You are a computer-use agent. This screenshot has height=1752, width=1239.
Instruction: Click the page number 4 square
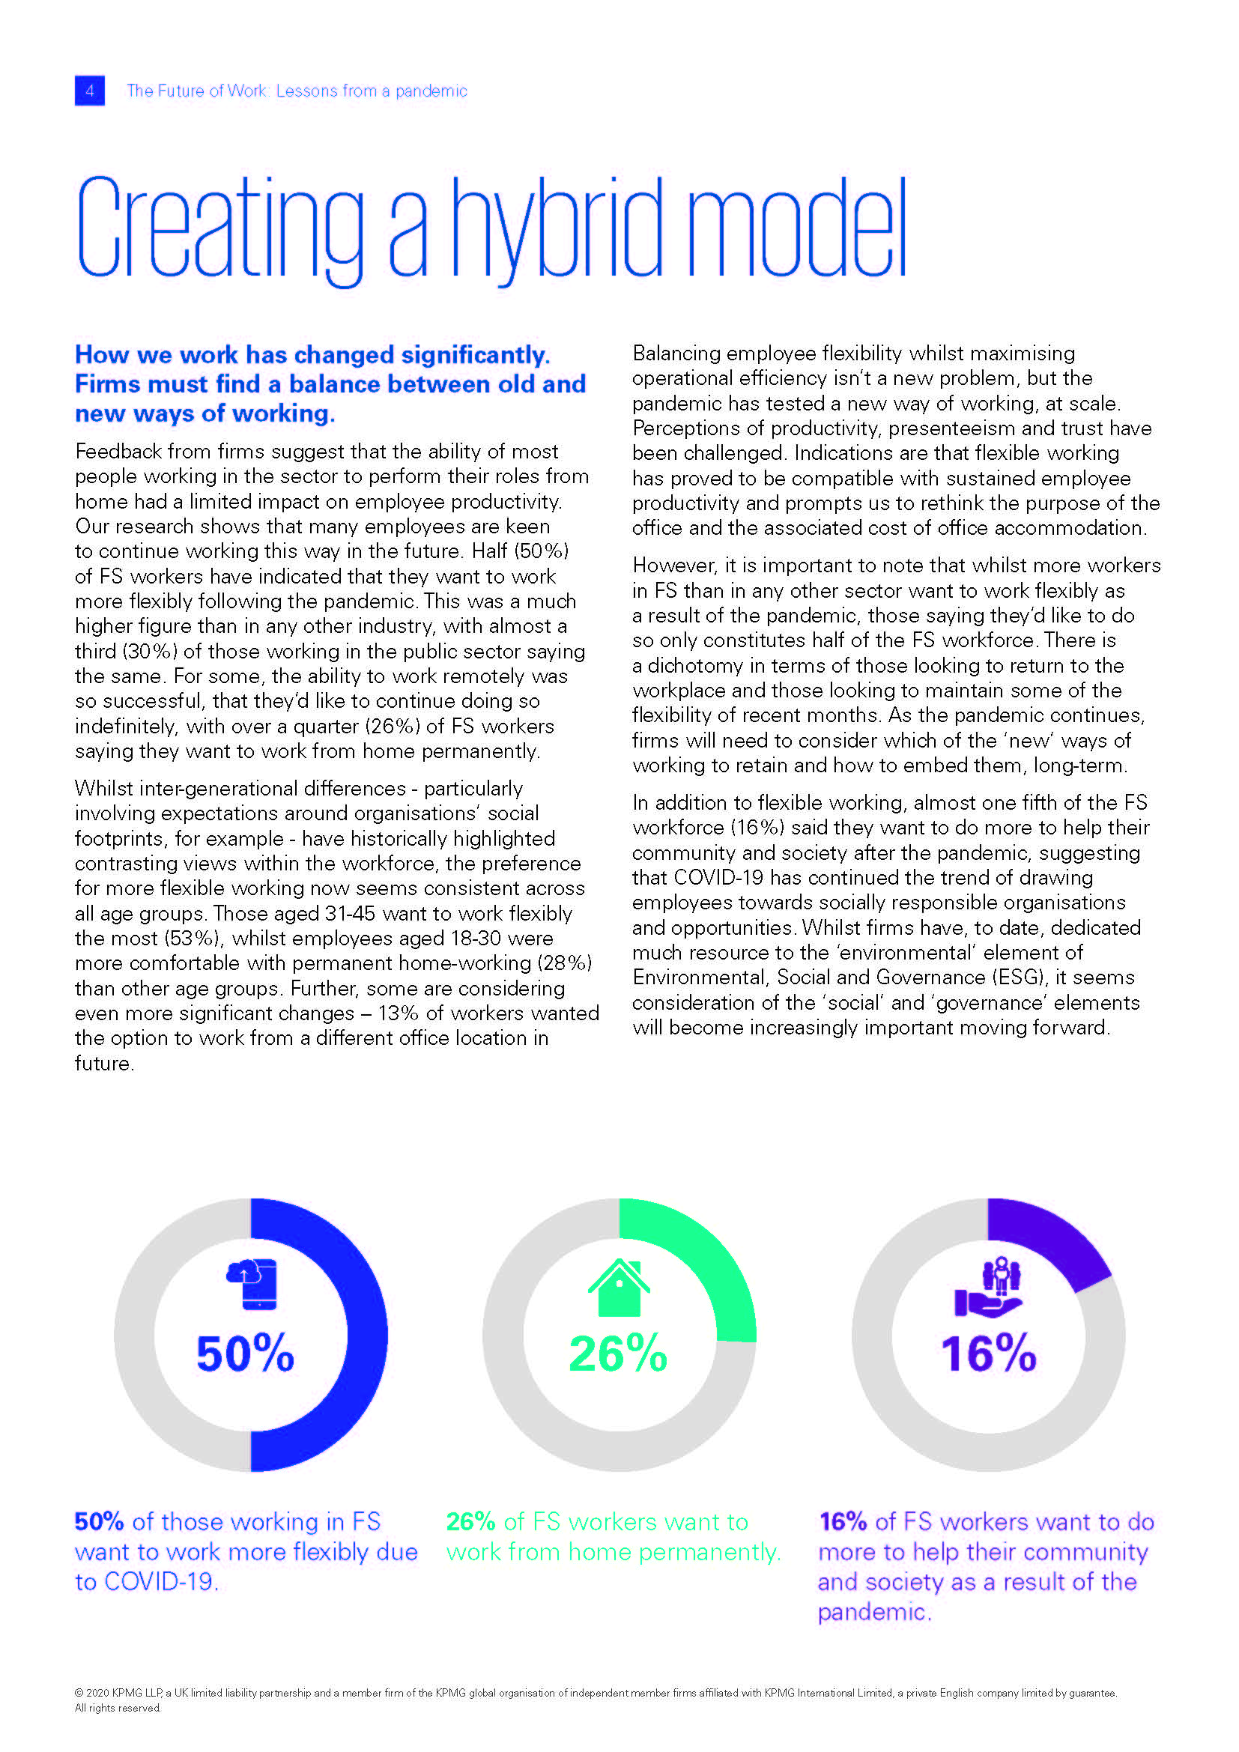tap(89, 91)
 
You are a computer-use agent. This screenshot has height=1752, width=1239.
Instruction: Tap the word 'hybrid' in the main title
tap(557, 229)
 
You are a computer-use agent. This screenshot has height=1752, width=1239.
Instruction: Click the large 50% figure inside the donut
tap(245, 1353)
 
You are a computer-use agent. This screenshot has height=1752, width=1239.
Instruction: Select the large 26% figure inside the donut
tap(618, 1353)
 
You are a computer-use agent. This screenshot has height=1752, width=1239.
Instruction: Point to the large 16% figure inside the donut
tap(988, 1353)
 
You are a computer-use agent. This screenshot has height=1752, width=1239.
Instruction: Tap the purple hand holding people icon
tap(989, 1288)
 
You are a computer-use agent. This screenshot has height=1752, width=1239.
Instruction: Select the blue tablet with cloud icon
tap(252, 1285)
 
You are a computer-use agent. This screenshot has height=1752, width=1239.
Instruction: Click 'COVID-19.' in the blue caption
tap(161, 1582)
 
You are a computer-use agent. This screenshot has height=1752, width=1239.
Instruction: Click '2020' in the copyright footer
tap(97, 1693)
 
